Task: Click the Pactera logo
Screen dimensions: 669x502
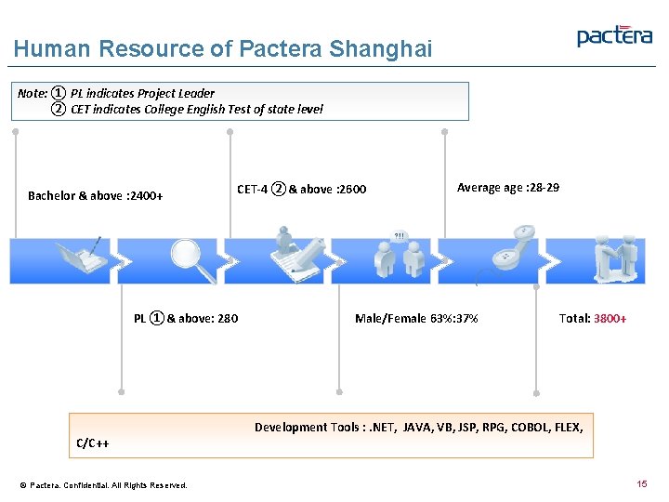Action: click(x=614, y=35)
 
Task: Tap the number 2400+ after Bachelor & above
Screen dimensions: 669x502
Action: click(x=148, y=196)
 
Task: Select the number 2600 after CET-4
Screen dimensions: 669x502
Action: click(x=351, y=190)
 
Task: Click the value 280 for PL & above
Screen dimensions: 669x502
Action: click(x=227, y=318)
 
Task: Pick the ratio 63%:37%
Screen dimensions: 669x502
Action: click(x=454, y=319)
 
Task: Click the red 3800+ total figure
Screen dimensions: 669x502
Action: click(x=610, y=319)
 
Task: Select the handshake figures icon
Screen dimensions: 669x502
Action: click(x=620, y=258)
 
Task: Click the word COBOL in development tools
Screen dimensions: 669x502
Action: click(x=508, y=428)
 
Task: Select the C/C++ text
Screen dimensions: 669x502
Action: click(x=93, y=443)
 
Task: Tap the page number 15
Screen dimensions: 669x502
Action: click(x=641, y=484)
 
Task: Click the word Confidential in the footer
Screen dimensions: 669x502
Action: click(x=86, y=485)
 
